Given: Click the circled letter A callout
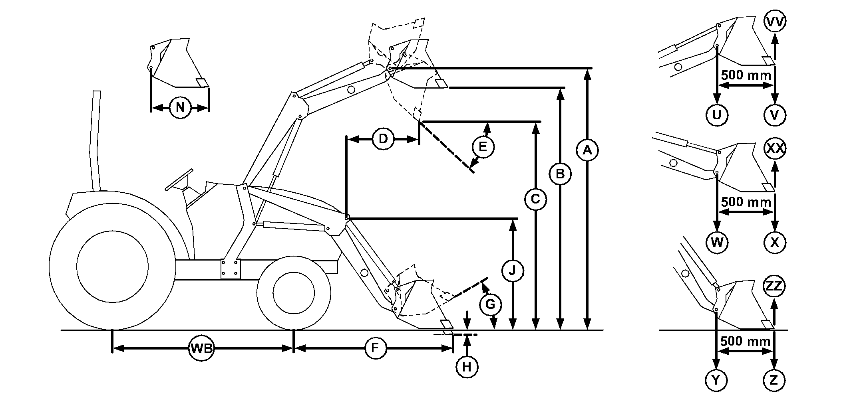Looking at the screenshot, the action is [x=587, y=150].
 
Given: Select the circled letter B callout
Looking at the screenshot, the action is [x=560, y=174].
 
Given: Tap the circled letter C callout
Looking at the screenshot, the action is [x=535, y=199].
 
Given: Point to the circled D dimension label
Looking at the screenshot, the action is [x=383, y=139].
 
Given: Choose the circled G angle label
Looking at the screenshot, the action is [x=490, y=305].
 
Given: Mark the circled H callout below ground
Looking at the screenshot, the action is [x=467, y=367].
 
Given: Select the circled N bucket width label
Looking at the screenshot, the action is [x=180, y=107].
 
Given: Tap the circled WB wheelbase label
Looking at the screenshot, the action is [x=201, y=348].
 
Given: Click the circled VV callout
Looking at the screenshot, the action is [x=775, y=22].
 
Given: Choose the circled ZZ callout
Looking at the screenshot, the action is [x=774, y=286].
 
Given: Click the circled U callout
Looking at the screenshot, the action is [x=717, y=115].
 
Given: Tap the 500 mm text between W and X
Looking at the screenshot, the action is [x=746, y=201].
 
